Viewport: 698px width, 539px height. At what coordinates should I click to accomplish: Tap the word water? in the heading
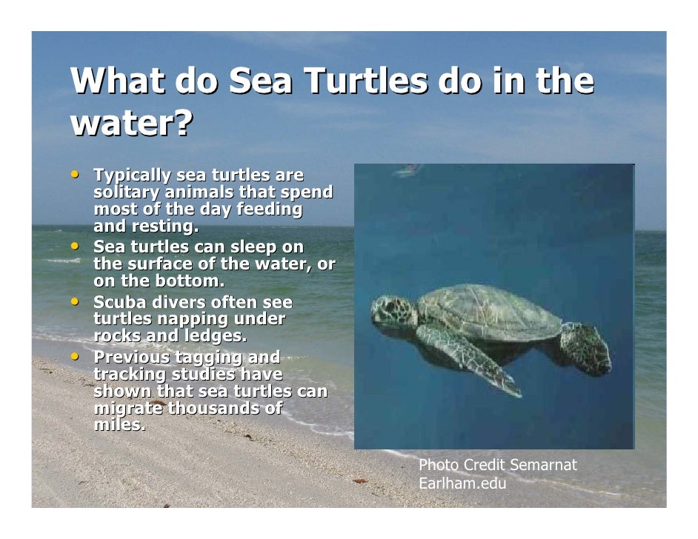tap(131, 124)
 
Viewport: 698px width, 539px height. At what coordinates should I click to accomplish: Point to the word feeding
tap(269, 210)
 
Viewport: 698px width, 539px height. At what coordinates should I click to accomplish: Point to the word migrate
tap(128, 409)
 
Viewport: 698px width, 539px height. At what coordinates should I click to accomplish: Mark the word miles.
tap(119, 426)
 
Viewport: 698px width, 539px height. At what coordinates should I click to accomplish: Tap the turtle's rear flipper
tap(585, 348)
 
